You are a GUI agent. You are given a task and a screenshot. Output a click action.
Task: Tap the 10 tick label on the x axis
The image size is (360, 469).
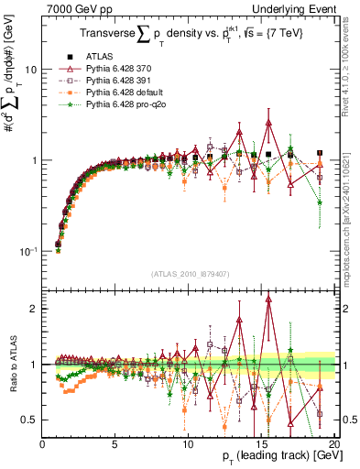188,445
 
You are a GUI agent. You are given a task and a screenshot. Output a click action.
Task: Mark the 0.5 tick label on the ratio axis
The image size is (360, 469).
28,420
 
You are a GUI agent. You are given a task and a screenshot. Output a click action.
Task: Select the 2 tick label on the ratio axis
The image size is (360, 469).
33,309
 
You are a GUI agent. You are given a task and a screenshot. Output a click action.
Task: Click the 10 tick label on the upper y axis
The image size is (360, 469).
30,70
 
